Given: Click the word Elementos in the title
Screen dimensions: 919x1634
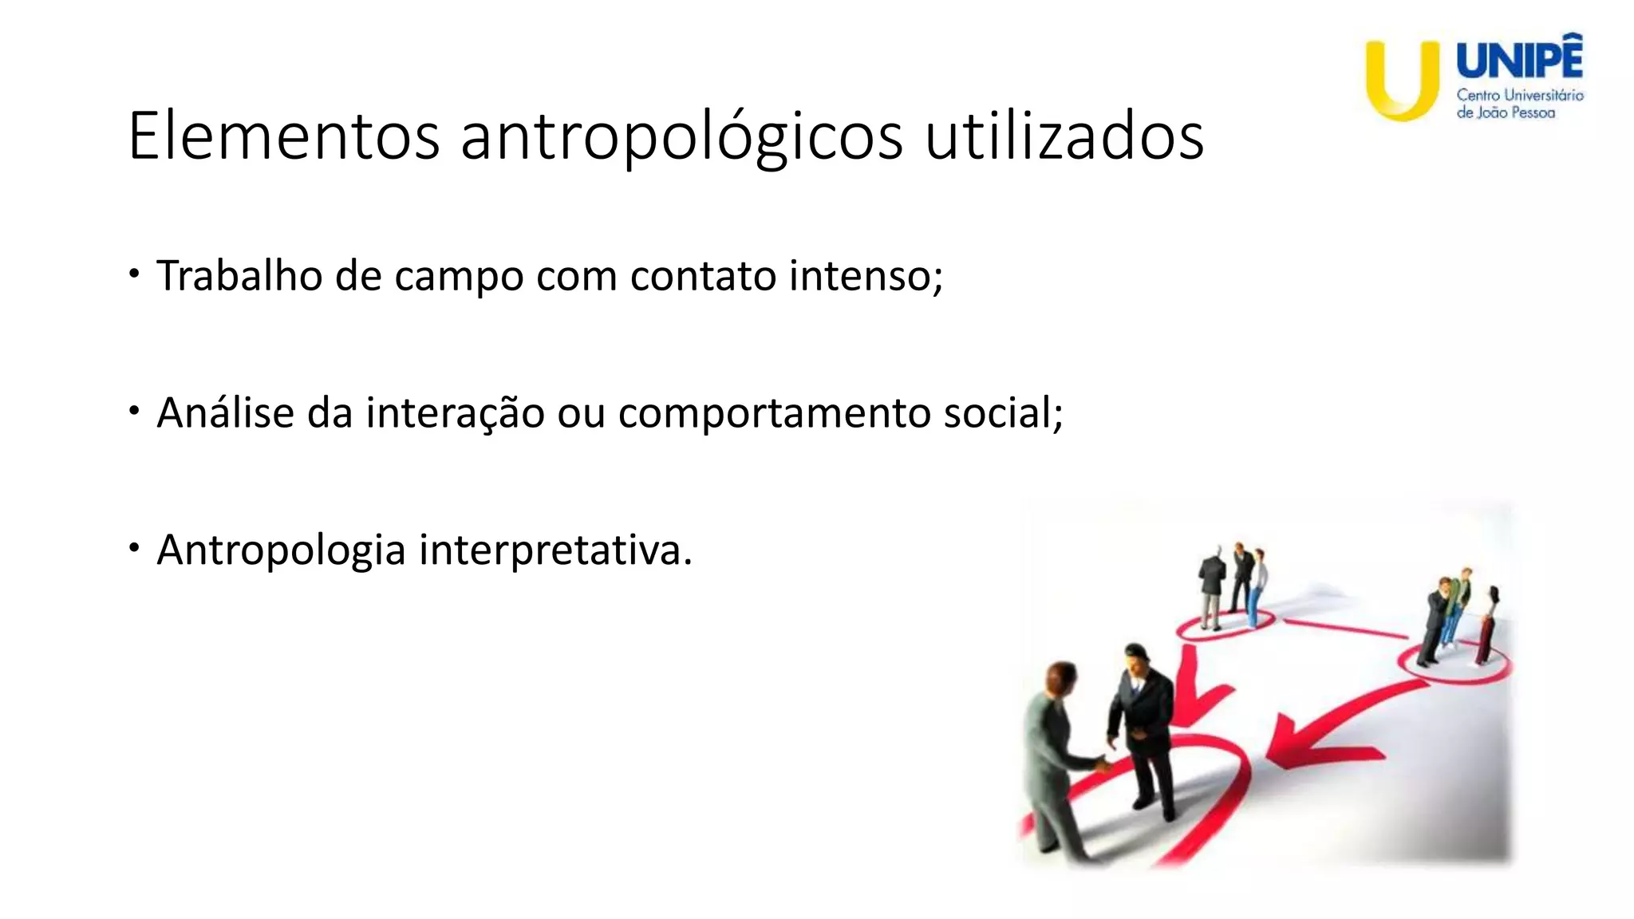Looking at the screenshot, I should (x=283, y=136).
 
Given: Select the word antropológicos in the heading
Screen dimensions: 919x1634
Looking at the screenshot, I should (x=681, y=138).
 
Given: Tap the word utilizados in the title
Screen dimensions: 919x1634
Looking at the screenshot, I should (x=1064, y=136).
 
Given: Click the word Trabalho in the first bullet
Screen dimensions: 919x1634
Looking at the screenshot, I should (x=239, y=276).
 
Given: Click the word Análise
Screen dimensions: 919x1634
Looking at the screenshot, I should (x=225, y=412).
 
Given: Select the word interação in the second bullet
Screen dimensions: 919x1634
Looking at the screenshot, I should (x=455, y=414).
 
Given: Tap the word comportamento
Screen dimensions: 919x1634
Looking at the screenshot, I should (x=774, y=414).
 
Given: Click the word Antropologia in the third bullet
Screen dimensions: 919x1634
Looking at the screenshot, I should (x=281, y=551).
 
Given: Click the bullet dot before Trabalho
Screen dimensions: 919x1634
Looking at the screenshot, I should (x=135, y=274).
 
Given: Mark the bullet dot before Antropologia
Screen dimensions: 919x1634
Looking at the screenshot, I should (x=135, y=548).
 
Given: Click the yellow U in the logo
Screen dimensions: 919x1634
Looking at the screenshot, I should (x=1402, y=80).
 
